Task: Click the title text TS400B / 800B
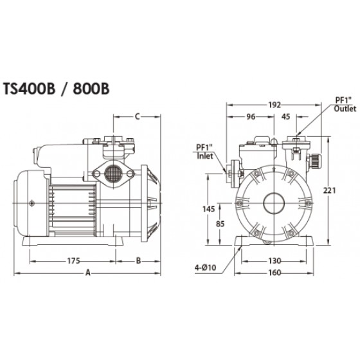point(56,89)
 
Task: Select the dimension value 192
point(274,105)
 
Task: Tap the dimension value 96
point(251,116)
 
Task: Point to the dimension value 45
point(285,116)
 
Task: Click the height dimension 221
point(329,190)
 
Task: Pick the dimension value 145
point(208,209)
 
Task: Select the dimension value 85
point(220,224)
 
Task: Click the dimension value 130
point(274,261)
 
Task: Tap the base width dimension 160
point(274,273)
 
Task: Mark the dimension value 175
point(73,261)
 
